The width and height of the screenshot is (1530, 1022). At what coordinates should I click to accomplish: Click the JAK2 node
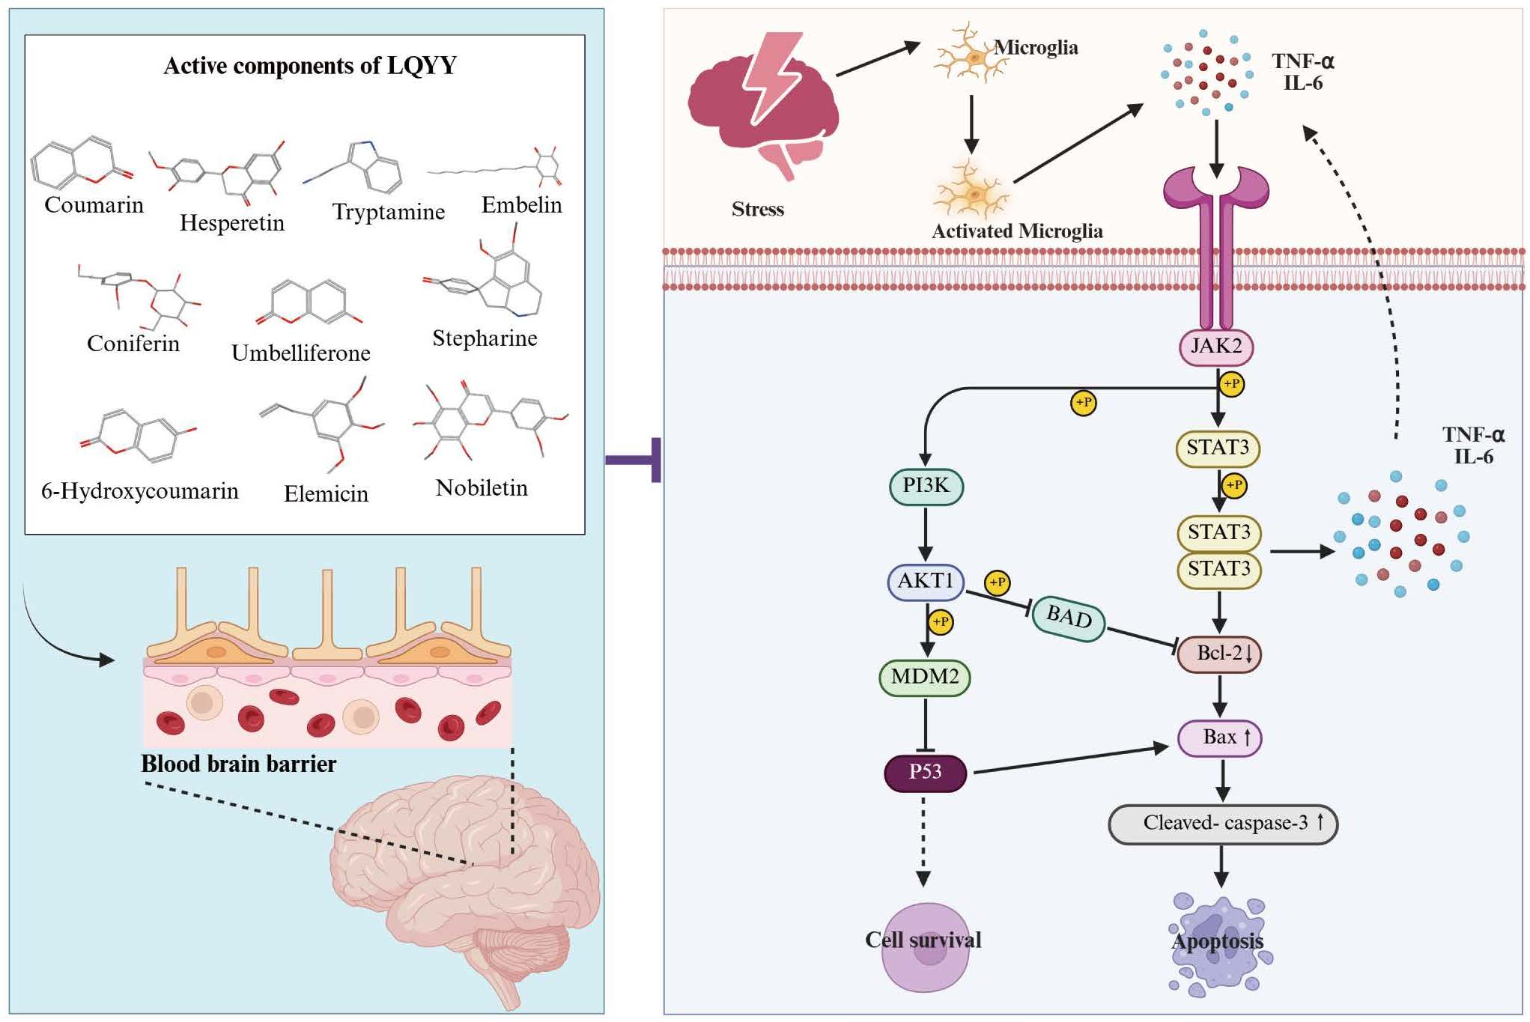click(1215, 347)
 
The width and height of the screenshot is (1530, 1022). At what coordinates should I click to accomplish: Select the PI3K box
click(926, 486)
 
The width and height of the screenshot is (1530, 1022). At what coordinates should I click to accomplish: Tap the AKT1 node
click(925, 581)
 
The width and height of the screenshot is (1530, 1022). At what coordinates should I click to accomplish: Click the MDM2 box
click(924, 677)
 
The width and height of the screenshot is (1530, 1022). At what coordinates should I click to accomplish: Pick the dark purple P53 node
click(925, 773)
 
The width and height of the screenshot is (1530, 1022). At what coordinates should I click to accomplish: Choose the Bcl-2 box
click(1219, 654)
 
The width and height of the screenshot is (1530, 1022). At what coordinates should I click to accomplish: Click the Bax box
click(1220, 737)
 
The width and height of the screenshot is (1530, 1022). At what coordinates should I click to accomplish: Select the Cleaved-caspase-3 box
click(1222, 823)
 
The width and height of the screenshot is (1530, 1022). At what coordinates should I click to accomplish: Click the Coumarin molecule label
click(94, 204)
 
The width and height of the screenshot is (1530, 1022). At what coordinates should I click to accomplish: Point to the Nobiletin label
click(482, 488)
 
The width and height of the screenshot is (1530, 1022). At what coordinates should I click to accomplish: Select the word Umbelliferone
click(300, 353)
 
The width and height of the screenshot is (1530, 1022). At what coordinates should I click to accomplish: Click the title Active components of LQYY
click(309, 66)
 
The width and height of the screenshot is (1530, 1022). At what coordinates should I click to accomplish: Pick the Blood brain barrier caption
click(238, 764)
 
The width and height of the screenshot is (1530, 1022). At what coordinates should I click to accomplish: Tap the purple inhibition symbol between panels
click(637, 460)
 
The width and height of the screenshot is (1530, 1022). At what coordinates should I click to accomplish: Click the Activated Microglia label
click(1016, 231)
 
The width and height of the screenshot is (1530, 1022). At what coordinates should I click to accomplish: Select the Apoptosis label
click(1217, 941)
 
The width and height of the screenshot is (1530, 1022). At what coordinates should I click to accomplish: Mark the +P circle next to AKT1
click(997, 583)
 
